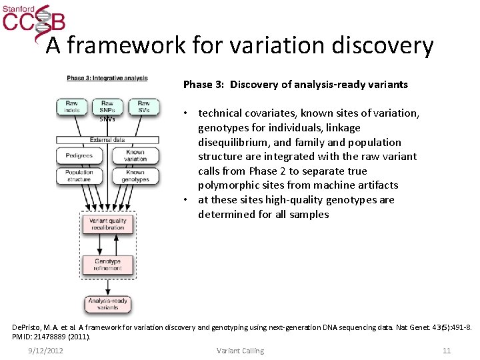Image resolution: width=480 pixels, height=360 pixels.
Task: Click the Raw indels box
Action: (71, 107)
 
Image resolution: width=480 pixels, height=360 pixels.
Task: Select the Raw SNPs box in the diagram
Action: (107, 107)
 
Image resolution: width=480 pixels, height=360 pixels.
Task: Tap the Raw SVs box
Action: (143, 107)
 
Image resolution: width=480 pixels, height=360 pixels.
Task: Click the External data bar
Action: (107, 140)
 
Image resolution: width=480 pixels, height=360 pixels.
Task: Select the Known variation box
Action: (135, 155)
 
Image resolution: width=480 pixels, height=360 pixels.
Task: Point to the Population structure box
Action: (79, 175)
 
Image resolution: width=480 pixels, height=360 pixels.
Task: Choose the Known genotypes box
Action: (135, 175)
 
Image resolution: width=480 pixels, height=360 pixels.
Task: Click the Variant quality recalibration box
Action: (107, 223)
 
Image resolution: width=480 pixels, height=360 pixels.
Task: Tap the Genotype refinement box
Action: (107, 265)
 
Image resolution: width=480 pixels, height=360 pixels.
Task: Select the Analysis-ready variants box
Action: (107, 304)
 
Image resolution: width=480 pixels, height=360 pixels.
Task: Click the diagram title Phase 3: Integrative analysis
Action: (107, 79)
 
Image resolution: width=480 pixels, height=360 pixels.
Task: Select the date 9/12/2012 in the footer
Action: (46, 351)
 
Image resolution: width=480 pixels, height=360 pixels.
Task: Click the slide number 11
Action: (447, 351)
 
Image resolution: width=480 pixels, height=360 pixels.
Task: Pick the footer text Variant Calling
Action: (240, 351)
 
